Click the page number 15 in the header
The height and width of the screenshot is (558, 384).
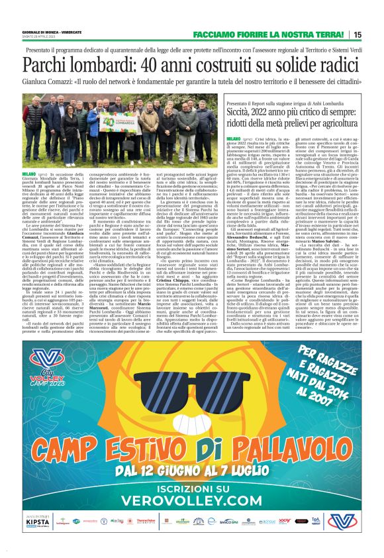375,34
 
